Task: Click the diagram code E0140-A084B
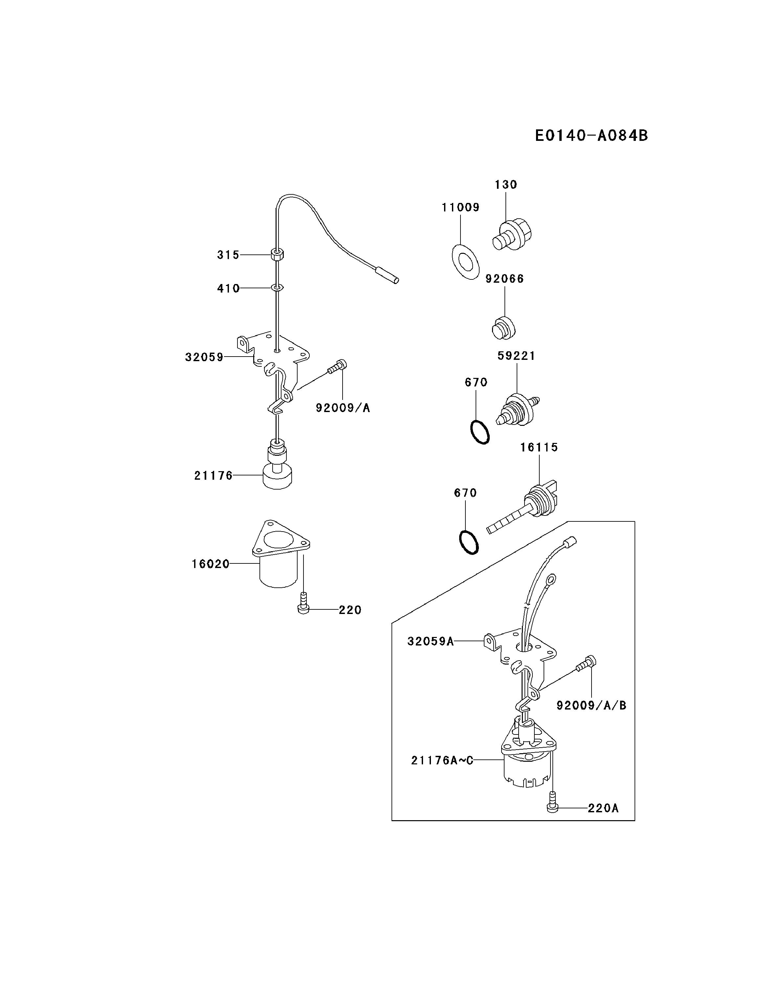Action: [591, 135]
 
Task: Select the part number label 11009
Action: [460, 208]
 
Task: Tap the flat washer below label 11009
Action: [465, 262]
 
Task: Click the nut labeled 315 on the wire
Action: [277, 254]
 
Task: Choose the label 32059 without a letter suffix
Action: [204, 357]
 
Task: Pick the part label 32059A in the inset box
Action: [430, 641]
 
